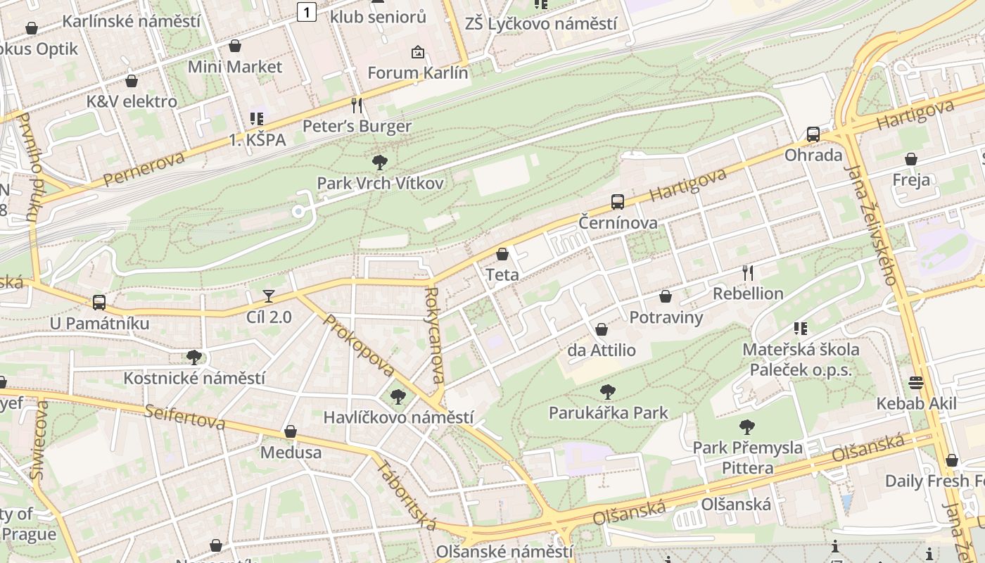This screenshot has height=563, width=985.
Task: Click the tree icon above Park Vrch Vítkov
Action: (x=380, y=163)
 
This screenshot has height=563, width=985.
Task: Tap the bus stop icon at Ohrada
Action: (x=813, y=134)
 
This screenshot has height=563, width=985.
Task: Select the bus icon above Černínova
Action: (x=618, y=202)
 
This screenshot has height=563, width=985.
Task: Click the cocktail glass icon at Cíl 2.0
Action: (x=268, y=296)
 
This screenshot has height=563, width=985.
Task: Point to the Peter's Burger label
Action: (x=357, y=127)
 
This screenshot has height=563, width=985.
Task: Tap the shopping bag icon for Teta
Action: (x=502, y=254)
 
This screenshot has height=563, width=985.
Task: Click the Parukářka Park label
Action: (x=609, y=412)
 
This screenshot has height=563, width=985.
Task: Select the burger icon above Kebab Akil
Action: (x=916, y=383)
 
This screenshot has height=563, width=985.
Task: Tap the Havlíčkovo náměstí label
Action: (x=398, y=417)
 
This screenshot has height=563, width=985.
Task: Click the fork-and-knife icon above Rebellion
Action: (x=748, y=272)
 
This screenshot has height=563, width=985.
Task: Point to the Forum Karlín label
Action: (x=418, y=72)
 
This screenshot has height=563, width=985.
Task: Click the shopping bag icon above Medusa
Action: (x=291, y=431)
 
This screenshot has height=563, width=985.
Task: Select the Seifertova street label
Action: (x=185, y=417)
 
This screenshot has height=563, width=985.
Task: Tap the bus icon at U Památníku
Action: (x=99, y=303)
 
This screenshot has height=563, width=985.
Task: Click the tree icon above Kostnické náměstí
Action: (x=194, y=358)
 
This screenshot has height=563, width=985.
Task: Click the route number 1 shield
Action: (x=306, y=11)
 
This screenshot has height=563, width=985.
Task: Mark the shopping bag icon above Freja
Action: (x=911, y=159)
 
